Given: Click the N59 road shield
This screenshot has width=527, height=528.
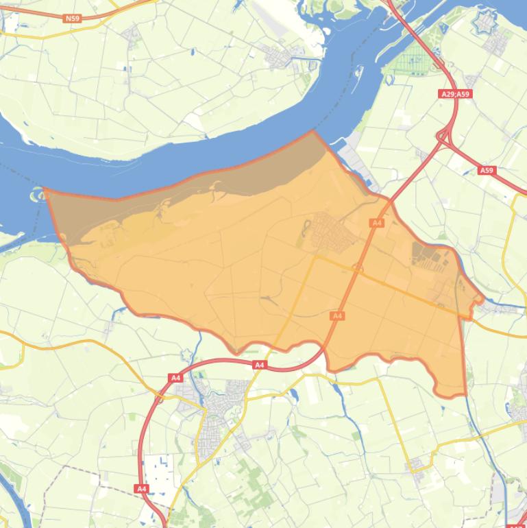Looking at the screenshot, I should tap(72, 19).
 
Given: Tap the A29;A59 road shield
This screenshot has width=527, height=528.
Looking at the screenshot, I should tap(456, 94).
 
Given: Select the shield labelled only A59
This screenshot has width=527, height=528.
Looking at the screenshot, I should tap(487, 170).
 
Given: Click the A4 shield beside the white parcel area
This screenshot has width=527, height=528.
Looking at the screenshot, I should tap(141, 488).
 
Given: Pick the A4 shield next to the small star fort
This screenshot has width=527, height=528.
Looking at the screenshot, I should tap(175, 377).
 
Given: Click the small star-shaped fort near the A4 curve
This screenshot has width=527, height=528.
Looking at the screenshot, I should tap(186, 354).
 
